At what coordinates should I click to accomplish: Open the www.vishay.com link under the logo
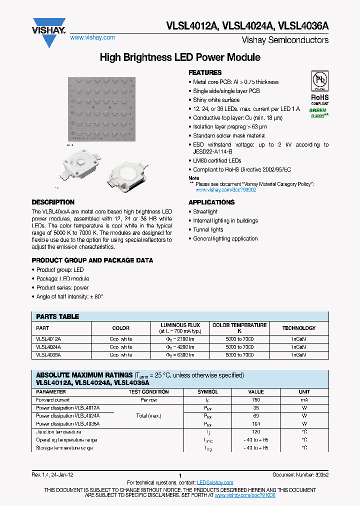pyautogui.click(x=92, y=37)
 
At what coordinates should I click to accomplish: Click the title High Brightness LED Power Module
pyautogui.click(x=180, y=57)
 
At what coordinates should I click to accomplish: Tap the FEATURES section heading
pyautogui.click(x=205, y=72)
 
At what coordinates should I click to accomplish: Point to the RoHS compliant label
pyautogui.click(x=319, y=100)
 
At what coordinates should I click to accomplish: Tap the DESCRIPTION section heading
pyautogui.click(x=53, y=202)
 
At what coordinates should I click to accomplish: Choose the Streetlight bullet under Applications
pyautogui.click(x=205, y=212)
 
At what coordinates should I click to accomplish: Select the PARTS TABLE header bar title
pyautogui.click(x=57, y=316)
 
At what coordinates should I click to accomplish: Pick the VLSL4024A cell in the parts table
pyautogui.click(x=48, y=346)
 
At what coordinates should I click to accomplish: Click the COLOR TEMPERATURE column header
pyautogui.click(x=239, y=328)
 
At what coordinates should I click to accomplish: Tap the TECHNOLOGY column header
pyautogui.click(x=298, y=328)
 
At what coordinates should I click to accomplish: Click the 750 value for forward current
pyautogui.click(x=256, y=400)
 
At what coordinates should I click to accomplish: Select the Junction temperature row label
pyautogui.click(x=58, y=431)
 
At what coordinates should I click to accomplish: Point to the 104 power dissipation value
pyautogui.click(x=256, y=423)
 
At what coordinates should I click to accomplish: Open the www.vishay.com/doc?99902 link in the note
pyautogui.click(x=225, y=190)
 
